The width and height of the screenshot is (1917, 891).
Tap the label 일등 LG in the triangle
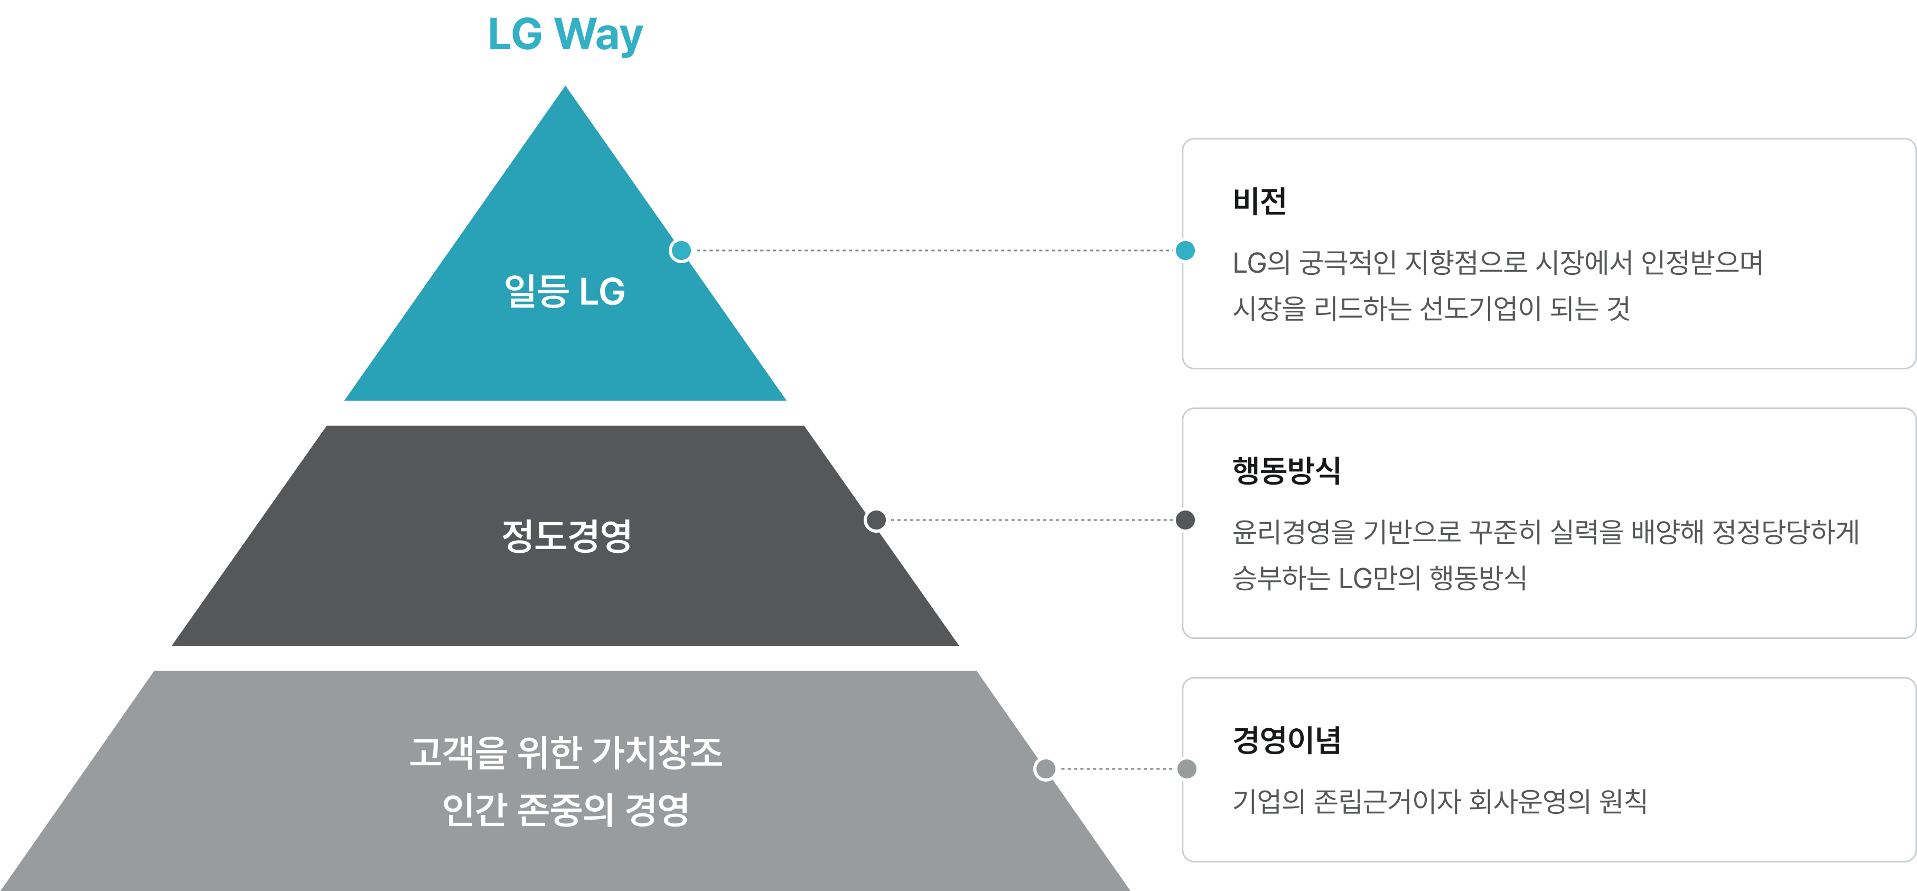(x=565, y=291)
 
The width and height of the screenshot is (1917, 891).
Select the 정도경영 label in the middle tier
(x=566, y=535)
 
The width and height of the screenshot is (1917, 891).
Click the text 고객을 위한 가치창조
(x=566, y=752)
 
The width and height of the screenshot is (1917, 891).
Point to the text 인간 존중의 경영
(x=566, y=809)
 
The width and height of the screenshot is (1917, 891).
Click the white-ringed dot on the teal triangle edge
(x=681, y=250)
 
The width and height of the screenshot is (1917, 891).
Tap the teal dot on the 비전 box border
(x=1185, y=250)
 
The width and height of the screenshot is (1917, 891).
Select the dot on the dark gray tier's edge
(x=876, y=519)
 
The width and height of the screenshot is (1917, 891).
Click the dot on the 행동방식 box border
(x=1185, y=519)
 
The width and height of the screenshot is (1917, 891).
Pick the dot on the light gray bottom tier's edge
(x=1045, y=768)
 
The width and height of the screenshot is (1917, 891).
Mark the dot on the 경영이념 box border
(x=1186, y=768)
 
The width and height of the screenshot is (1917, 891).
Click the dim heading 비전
(x=1259, y=201)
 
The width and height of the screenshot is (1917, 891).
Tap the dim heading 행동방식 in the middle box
(x=1286, y=470)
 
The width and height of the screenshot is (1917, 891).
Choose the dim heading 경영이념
(x=1286, y=740)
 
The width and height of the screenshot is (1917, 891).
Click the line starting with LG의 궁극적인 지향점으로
(x=1497, y=263)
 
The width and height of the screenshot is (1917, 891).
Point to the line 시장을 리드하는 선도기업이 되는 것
(x=1431, y=308)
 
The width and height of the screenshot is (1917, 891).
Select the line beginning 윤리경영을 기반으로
(x=1546, y=532)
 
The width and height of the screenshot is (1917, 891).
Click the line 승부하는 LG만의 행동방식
(x=1379, y=578)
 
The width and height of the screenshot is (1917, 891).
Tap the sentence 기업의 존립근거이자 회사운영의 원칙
(x=1439, y=802)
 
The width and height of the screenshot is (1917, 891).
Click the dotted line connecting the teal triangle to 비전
(x=930, y=250)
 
